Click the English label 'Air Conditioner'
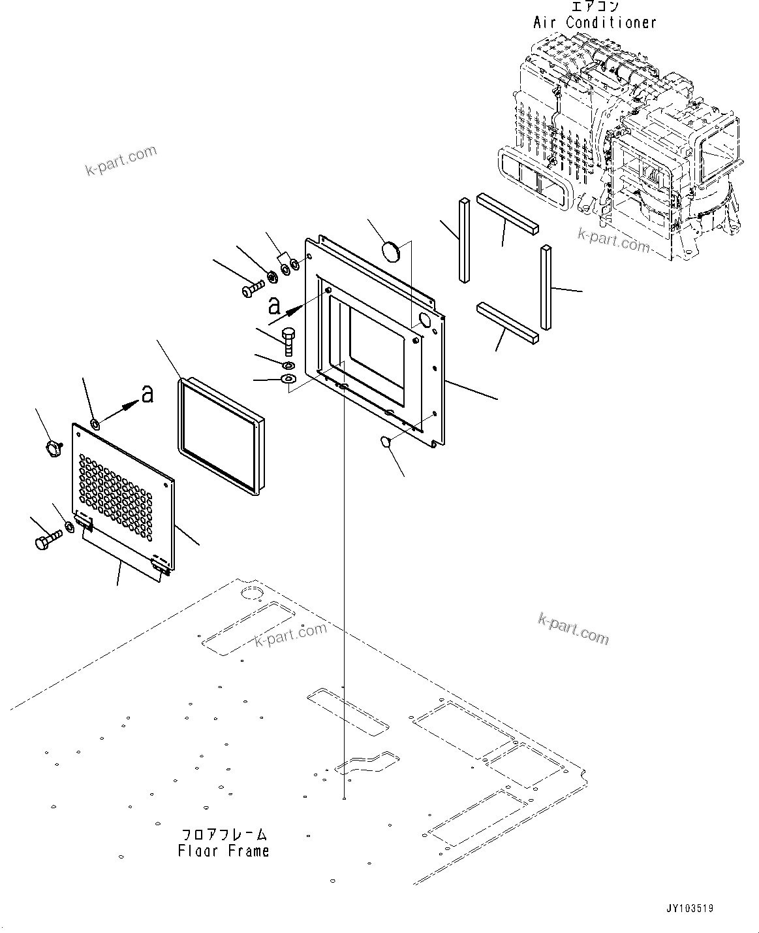(x=595, y=22)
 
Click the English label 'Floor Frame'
(x=223, y=851)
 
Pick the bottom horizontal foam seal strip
(x=508, y=322)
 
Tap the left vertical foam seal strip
(x=464, y=240)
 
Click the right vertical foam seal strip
(x=546, y=287)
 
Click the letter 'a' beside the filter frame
(x=147, y=394)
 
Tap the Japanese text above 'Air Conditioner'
(x=595, y=7)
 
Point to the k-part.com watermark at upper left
(x=121, y=161)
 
